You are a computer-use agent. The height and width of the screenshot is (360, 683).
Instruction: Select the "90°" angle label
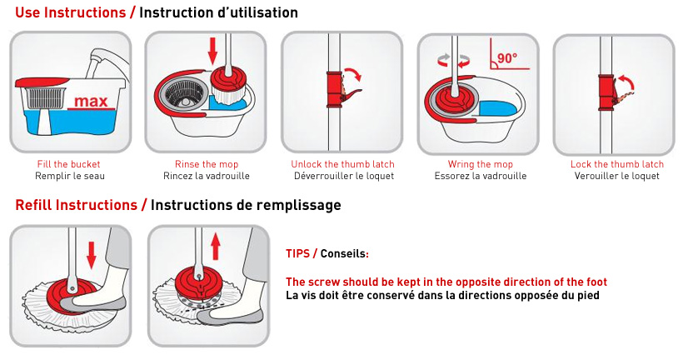click(x=506, y=59)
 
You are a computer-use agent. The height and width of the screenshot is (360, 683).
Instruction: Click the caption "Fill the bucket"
click(x=70, y=164)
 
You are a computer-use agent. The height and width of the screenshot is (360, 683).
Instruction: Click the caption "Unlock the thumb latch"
click(x=342, y=164)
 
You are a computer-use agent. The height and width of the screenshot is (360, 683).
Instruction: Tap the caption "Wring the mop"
click(x=480, y=164)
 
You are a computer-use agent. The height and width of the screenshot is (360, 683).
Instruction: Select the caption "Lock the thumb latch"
click(x=616, y=164)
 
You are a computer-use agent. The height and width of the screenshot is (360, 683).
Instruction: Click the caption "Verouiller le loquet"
click(x=616, y=176)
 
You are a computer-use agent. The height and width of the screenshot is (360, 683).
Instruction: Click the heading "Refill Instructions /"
click(x=81, y=205)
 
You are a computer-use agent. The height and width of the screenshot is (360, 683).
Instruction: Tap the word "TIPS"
click(x=297, y=253)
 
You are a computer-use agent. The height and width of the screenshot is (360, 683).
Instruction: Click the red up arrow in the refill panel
click(x=214, y=246)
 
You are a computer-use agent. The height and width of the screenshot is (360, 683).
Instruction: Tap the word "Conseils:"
click(x=344, y=253)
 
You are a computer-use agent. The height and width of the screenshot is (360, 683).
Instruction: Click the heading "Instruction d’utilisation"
click(x=218, y=12)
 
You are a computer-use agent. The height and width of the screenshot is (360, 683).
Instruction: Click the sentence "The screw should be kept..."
click(x=446, y=282)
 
